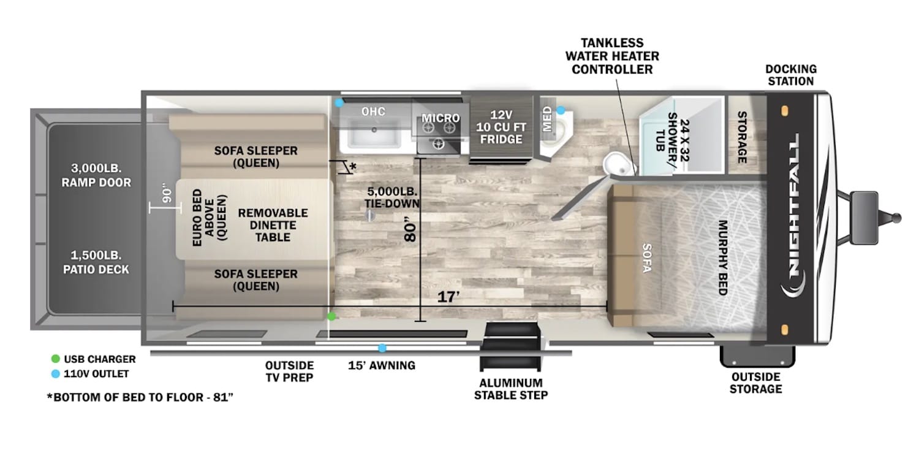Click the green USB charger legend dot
pyautogui.click(x=56, y=359)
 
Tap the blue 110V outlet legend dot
pyautogui.click(x=56, y=373)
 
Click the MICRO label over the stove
pyautogui.click(x=440, y=118)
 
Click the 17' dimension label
pyautogui.click(x=448, y=297)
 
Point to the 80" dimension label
pyautogui.click(x=410, y=231)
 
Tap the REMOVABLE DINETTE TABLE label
pyautogui.click(x=273, y=224)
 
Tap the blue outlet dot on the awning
pyautogui.click(x=382, y=348)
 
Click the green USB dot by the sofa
pyautogui.click(x=331, y=316)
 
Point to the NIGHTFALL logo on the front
pyautogui.click(x=794, y=215)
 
